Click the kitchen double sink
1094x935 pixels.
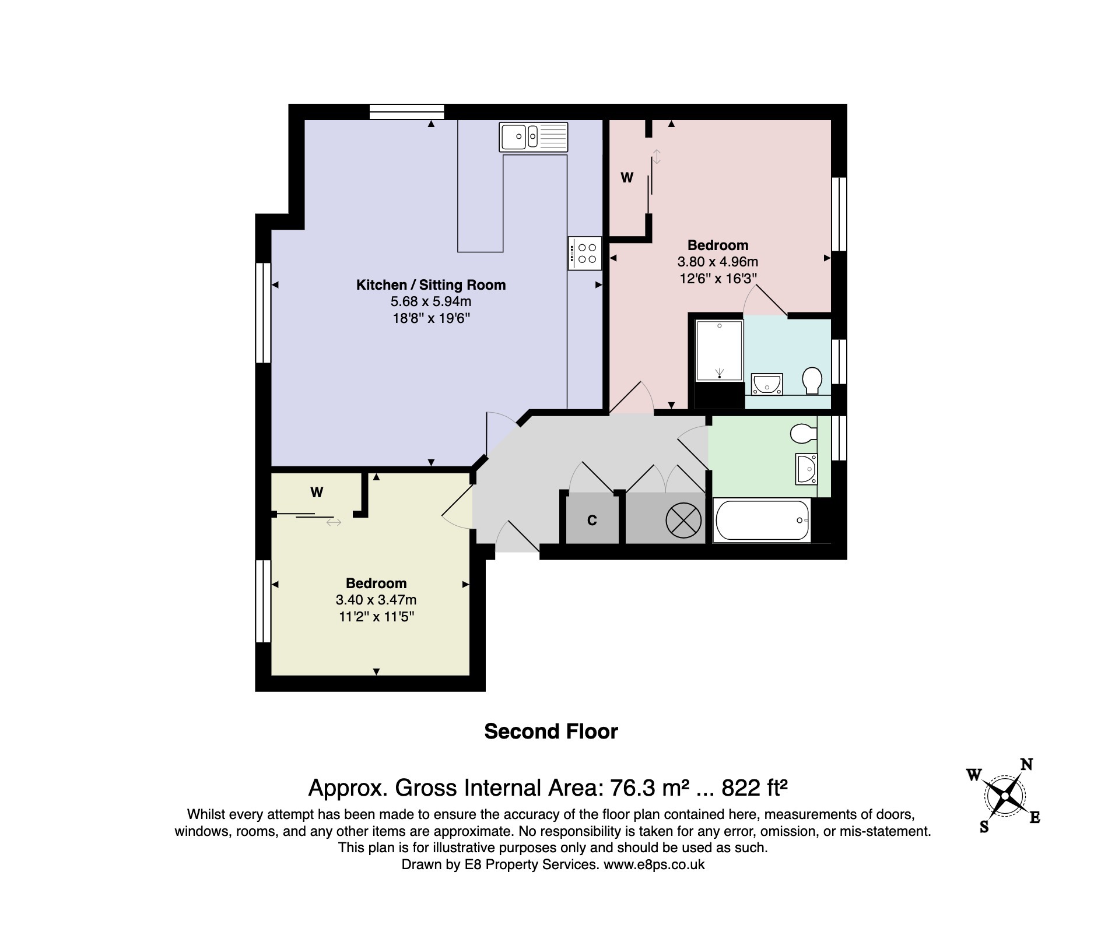click(x=533, y=137)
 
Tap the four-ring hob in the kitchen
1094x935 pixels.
click(x=585, y=254)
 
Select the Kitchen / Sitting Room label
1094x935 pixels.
click(x=431, y=285)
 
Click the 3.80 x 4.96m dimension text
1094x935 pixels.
click(x=717, y=262)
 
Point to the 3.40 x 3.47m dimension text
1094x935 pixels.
click(x=376, y=600)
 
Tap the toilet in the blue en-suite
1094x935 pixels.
click(x=812, y=380)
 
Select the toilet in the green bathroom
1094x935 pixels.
click(x=803, y=433)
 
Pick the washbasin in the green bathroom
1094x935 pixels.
click(x=807, y=469)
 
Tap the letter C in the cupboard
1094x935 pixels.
click(x=592, y=521)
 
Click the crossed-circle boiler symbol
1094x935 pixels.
click(x=683, y=521)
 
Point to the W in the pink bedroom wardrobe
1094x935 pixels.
click(x=627, y=178)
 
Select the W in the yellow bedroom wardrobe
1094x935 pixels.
click(x=317, y=493)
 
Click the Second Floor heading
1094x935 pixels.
click(x=551, y=732)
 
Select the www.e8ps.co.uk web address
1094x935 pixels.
click(x=654, y=864)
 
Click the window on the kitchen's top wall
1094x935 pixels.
click(x=407, y=111)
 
